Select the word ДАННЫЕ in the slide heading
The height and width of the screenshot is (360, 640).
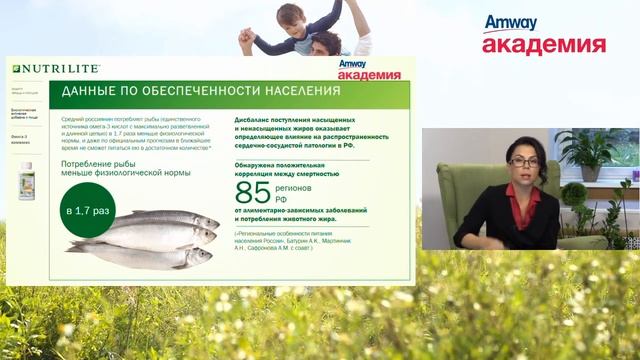pyautogui.click(x=95, y=91)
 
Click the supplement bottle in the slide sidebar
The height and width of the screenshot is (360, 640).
pyautogui.click(x=26, y=180)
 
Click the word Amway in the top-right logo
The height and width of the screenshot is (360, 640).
pyautogui.click(x=511, y=23)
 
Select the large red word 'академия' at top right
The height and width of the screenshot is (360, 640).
pyautogui.click(x=543, y=45)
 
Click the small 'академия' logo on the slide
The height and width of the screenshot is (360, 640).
pyautogui.click(x=369, y=74)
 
